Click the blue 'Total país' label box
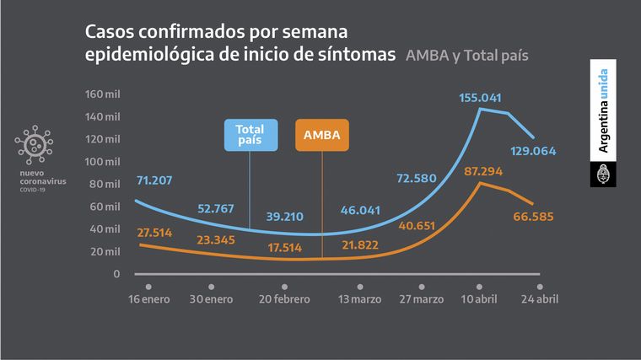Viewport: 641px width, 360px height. [250, 135]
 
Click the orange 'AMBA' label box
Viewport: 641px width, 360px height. [322, 135]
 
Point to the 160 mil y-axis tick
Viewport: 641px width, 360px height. [103, 94]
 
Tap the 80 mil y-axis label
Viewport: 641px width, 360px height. [106, 184]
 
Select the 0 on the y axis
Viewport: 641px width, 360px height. [117, 274]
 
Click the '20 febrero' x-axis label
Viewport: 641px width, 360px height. [285, 298]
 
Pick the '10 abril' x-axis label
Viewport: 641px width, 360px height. [478, 298]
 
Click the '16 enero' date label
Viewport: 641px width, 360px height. [148, 298]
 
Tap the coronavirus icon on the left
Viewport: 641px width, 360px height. [34, 145]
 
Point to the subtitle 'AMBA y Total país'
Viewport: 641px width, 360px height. [472, 56]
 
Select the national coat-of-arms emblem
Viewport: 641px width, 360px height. [602, 175]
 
